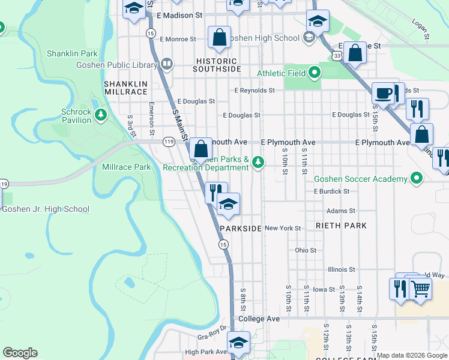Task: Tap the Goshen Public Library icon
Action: click(x=167, y=63)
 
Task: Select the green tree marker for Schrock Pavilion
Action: click(x=101, y=115)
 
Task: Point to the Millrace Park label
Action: click(x=127, y=167)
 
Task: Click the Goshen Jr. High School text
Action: click(x=46, y=209)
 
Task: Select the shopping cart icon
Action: click(x=420, y=289)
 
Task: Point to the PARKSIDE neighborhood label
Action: click(x=241, y=229)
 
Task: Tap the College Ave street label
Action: click(x=259, y=319)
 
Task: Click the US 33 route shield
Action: click(x=339, y=55)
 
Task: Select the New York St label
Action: click(x=282, y=228)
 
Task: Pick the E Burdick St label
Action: click(x=331, y=191)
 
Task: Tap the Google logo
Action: click(x=20, y=353)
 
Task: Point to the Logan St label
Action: click(x=420, y=29)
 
